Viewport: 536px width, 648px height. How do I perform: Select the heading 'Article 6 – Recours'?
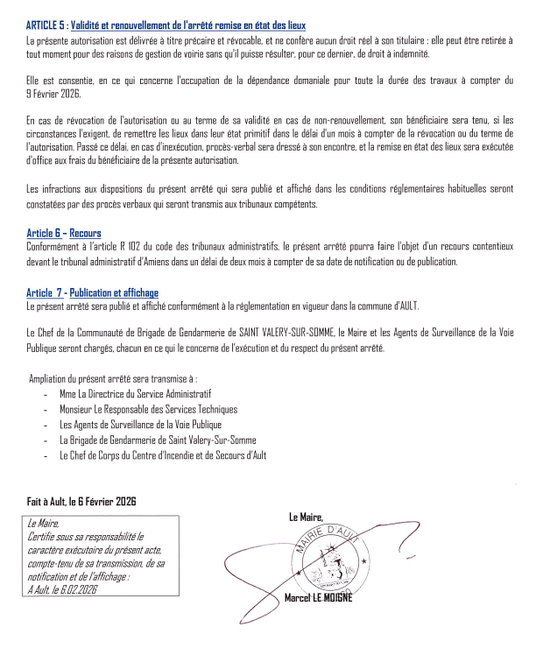65,233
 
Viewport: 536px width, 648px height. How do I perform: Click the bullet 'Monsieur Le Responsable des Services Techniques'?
148,409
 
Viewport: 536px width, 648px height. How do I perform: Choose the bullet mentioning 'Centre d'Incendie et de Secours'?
163,455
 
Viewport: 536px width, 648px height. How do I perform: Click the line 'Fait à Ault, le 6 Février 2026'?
81,503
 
